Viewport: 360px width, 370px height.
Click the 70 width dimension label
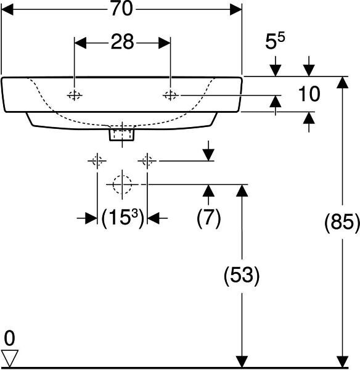(x=121, y=9)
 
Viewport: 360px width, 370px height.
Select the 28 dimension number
(x=122, y=42)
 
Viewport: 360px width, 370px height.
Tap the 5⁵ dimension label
(x=275, y=41)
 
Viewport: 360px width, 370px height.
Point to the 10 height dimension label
(x=309, y=94)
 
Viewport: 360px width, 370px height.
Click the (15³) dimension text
(x=123, y=218)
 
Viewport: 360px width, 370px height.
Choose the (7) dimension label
(x=208, y=218)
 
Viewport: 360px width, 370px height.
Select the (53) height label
(x=242, y=275)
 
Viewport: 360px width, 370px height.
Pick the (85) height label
(x=342, y=222)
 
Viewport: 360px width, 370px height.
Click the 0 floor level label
(x=9, y=338)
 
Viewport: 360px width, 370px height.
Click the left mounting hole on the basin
(x=75, y=96)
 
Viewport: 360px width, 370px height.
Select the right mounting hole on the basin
(x=170, y=96)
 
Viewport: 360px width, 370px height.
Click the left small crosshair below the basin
(x=97, y=161)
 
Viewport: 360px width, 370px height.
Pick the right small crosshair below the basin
(x=147, y=161)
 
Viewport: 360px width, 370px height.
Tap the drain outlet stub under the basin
(x=122, y=134)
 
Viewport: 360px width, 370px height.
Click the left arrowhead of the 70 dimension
(x=7, y=9)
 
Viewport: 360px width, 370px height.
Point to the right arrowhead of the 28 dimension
(x=165, y=43)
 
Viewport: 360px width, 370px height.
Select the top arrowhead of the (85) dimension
(x=342, y=82)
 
